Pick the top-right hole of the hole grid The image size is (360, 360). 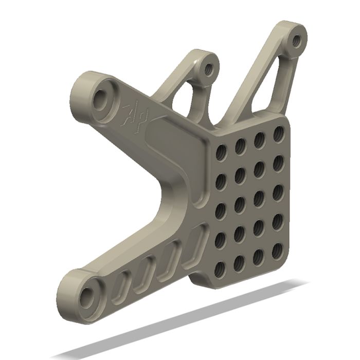278,133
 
